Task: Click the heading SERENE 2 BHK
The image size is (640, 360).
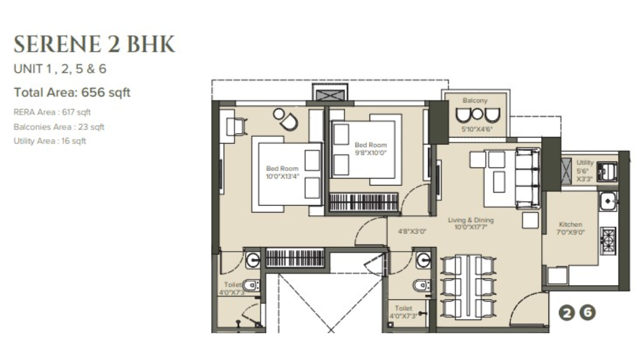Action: tap(94, 44)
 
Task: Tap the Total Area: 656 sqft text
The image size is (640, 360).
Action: tap(72, 92)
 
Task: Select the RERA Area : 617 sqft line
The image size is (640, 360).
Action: tap(52, 112)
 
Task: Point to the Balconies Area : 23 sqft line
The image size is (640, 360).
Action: tap(59, 127)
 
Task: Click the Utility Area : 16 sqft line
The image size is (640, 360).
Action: tap(50, 141)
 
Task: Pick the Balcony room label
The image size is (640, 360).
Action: tap(474, 100)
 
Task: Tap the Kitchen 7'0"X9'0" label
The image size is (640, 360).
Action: tap(570, 228)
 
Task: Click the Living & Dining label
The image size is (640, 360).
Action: tap(470, 220)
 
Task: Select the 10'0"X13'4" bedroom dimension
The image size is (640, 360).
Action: tap(282, 176)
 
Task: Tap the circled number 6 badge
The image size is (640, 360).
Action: tap(588, 313)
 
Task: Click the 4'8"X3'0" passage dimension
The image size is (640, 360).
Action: tap(411, 231)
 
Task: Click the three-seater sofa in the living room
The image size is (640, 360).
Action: tap(528, 178)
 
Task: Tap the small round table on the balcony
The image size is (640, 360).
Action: tap(477, 114)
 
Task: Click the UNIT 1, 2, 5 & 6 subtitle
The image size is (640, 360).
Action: tap(60, 69)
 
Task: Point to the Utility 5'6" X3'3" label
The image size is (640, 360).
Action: tap(584, 170)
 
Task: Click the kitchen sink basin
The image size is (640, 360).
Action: tap(608, 200)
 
